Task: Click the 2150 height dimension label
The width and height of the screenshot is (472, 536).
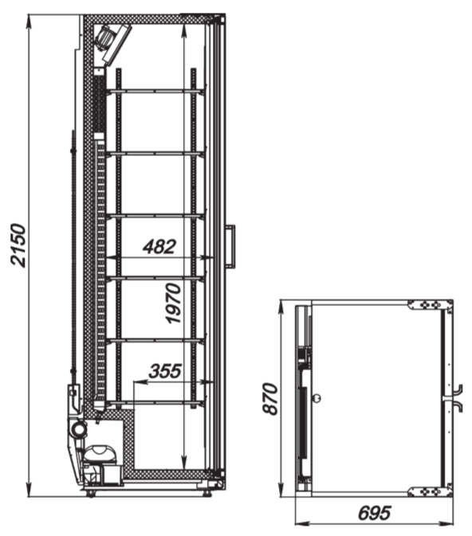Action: [18, 245]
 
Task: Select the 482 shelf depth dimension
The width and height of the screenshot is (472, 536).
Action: [159, 247]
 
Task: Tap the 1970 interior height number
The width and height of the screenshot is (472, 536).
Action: [173, 303]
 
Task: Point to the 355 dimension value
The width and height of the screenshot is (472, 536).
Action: [164, 370]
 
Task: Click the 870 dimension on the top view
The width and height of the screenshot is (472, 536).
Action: [270, 398]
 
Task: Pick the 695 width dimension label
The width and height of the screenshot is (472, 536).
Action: [375, 513]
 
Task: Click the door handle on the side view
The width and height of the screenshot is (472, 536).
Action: [230, 245]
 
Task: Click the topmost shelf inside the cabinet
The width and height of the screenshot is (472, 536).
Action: [156, 92]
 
